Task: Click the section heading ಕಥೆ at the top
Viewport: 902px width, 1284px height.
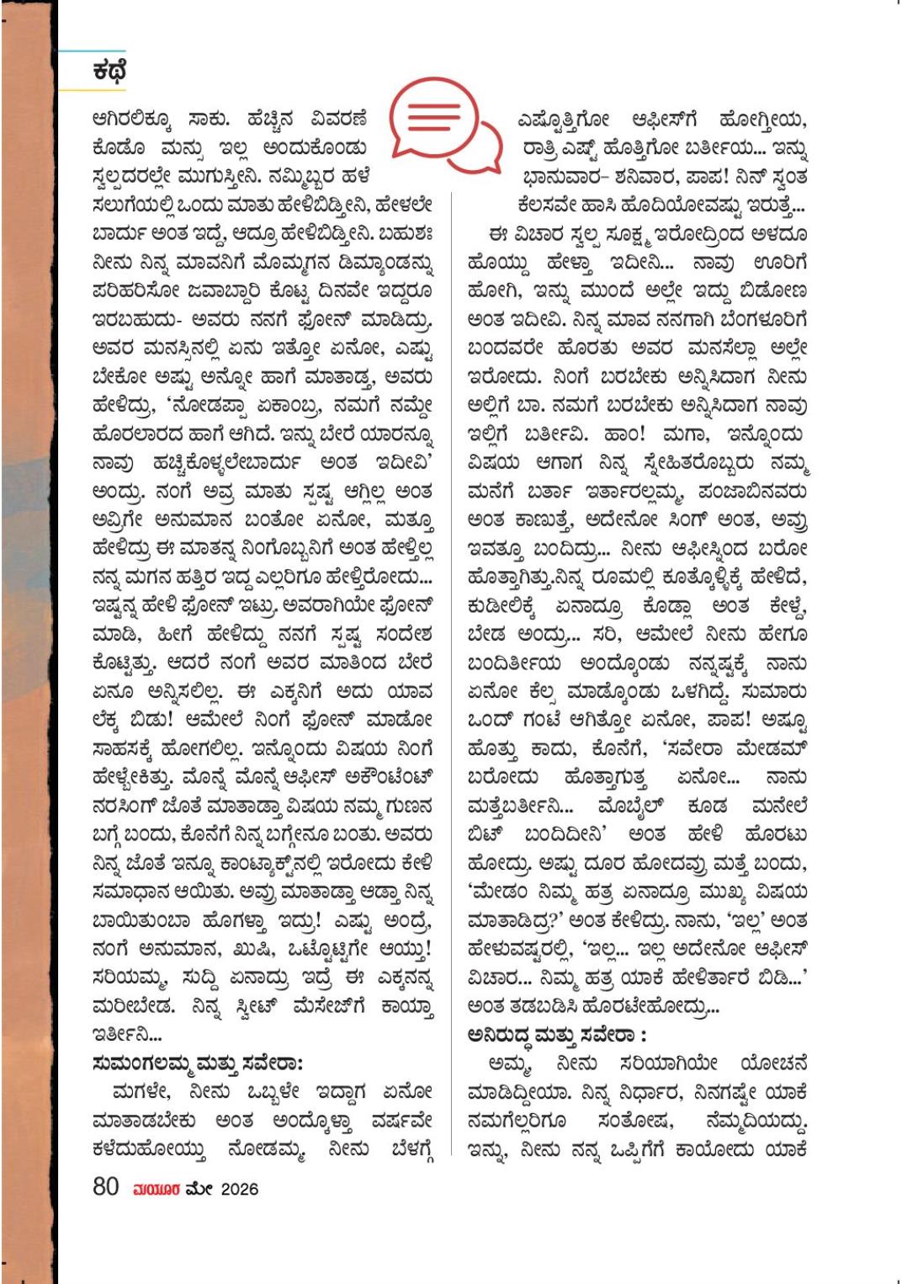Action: coord(109,72)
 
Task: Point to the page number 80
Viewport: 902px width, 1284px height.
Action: coord(105,1188)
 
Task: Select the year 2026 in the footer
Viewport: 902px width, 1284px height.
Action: coord(240,1190)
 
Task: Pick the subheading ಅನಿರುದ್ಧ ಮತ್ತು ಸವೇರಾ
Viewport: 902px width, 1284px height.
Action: coord(557,1035)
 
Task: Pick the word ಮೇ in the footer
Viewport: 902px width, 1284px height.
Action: coord(201,1190)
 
